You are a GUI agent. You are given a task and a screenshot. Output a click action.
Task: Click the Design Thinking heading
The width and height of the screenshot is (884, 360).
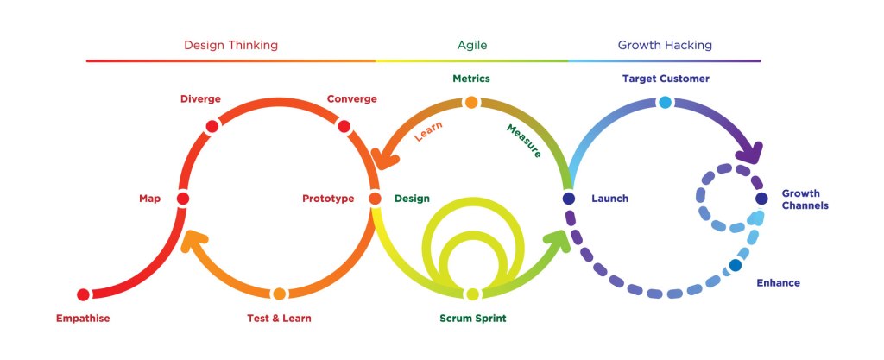230,45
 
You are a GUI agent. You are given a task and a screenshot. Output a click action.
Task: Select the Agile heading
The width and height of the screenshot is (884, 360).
472,45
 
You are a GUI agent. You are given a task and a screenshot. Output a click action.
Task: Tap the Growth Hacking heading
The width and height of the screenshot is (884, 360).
665,45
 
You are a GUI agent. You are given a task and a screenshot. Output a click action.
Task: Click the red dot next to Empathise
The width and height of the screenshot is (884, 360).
84,295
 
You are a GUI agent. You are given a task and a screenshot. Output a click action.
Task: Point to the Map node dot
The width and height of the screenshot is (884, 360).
182,199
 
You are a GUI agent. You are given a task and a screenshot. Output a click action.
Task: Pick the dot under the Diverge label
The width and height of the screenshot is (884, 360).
212,126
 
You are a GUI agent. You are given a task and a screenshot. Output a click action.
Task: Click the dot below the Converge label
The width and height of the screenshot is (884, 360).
344,127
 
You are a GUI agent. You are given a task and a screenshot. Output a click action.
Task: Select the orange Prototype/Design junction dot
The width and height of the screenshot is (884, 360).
375,199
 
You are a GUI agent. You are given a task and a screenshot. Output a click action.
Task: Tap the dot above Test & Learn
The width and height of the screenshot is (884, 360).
279,294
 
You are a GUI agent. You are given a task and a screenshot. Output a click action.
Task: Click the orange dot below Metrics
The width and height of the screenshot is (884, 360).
471,103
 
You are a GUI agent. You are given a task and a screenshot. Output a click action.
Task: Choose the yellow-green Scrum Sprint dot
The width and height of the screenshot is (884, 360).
472,294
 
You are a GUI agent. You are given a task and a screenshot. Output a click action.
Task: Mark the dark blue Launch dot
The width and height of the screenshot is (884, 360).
568,199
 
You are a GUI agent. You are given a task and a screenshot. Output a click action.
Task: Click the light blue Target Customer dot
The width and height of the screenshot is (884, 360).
665,103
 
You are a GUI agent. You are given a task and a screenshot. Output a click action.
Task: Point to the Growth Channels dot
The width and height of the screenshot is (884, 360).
761,199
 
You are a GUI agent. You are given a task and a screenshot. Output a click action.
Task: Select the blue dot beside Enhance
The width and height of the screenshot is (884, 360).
735,265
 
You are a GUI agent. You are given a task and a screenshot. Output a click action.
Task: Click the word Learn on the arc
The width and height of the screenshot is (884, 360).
429,130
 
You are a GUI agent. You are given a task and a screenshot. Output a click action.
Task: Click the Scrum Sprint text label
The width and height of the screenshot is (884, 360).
472,319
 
